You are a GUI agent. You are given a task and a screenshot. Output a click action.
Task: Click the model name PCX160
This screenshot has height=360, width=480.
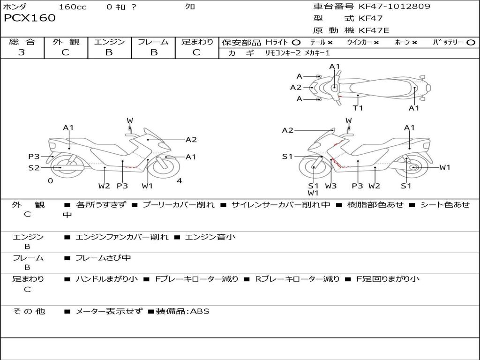click(x=30, y=18)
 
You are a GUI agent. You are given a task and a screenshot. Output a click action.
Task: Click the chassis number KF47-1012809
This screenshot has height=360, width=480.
click(x=394, y=7)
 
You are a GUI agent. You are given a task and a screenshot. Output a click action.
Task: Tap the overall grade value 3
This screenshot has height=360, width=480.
click(x=22, y=52)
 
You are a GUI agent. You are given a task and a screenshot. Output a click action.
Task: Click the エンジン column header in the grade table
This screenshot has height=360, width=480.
click(x=109, y=42)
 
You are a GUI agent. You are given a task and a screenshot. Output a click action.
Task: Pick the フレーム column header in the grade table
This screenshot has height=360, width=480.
click(x=153, y=42)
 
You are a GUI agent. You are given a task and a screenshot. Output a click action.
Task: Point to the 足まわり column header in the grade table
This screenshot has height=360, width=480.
click(x=197, y=42)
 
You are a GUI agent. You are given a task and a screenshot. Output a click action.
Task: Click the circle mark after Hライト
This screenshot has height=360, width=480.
click(x=296, y=42)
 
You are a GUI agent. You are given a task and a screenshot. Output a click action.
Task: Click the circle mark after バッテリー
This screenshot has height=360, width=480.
click(x=470, y=42)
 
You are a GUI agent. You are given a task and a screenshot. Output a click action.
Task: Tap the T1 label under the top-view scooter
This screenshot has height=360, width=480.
click(x=358, y=108)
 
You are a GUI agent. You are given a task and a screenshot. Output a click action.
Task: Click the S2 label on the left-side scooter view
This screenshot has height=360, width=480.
click(x=34, y=167)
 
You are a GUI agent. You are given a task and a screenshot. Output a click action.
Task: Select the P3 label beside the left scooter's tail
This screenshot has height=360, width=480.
click(x=34, y=157)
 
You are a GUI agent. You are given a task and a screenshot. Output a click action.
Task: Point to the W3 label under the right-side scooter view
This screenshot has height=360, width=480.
click(x=331, y=186)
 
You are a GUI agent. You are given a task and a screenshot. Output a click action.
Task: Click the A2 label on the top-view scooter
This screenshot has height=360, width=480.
click(x=296, y=87)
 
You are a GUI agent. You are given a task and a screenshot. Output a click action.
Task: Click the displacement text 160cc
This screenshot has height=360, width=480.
click(x=73, y=7)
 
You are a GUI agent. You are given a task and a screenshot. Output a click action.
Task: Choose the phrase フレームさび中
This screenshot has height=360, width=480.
click(x=103, y=258)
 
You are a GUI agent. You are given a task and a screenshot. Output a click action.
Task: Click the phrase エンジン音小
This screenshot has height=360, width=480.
click(x=210, y=237)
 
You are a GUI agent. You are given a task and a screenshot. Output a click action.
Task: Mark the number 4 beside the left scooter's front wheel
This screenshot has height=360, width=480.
click(x=179, y=180)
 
